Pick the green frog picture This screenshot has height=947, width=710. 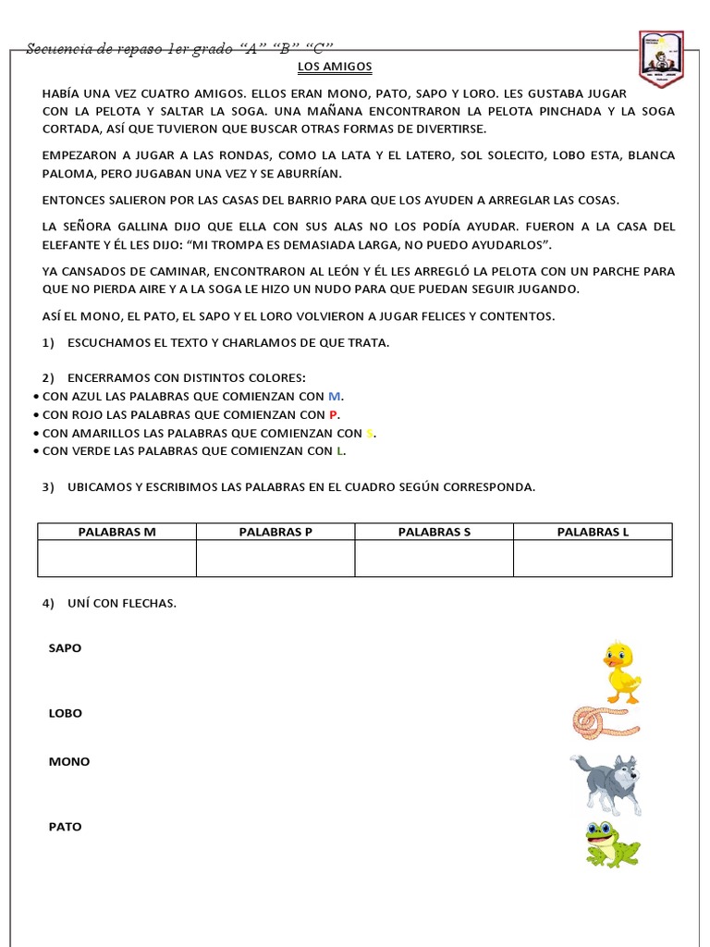coord(611,842)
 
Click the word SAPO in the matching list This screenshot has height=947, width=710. coord(65,648)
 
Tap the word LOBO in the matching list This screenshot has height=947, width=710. coord(65,713)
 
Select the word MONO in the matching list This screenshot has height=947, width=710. coord(69,762)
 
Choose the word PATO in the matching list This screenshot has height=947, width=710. coord(65,827)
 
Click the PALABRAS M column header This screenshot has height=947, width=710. coord(116,532)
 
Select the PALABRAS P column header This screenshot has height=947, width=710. coord(275,532)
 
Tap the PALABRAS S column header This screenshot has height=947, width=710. coord(435,532)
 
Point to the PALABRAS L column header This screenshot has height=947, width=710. coord(593,532)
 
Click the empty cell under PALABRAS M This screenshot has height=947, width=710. coord(116,559)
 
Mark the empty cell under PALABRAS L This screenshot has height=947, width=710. coord(593,559)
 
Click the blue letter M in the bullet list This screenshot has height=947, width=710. coord(334,395)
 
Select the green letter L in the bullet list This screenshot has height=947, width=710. coord(340,451)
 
